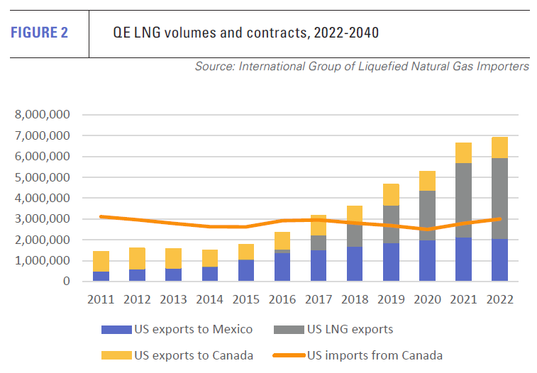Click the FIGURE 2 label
(x=40, y=33)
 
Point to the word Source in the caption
(x=215, y=67)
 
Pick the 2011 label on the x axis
(x=101, y=299)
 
